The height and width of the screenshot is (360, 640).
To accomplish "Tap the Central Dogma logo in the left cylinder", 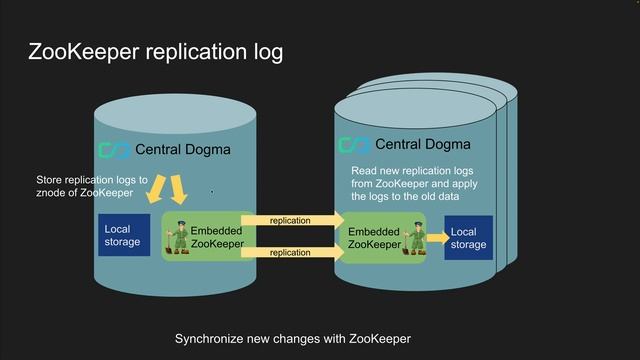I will pyautogui.click(x=114, y=150).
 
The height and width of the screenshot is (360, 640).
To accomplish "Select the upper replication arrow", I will pyautogui.click(x=289, y=220).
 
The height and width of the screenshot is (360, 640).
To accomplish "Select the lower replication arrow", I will pyautogui.click(x=289, y=253).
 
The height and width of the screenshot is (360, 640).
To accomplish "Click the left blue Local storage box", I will pyautogui.click(x=123, y=235).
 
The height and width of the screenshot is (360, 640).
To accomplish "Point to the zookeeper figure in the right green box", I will pyautogui.click(x=408, y=237).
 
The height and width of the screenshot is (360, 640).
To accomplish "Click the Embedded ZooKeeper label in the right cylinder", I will pyautogui.click(x=374, y=238).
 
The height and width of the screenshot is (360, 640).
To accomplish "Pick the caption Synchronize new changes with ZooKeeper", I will pyautogui.click(x=293, y=339).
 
